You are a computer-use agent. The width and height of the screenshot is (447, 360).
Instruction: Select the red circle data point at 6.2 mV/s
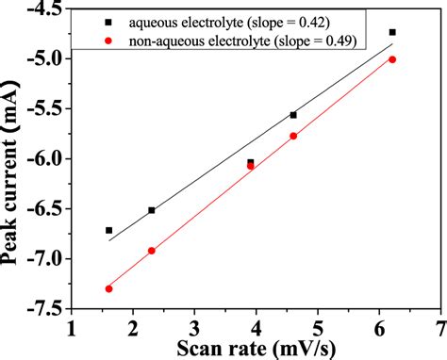pos(392,59)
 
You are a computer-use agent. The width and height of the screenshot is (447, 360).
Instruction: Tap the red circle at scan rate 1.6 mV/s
pos(108,288)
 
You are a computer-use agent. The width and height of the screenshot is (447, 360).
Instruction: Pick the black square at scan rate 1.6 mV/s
pos(108,230)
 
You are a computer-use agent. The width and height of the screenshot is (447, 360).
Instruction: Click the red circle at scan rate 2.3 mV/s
pos(152,251)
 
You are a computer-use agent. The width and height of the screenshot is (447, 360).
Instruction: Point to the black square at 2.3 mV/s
pos(152,210)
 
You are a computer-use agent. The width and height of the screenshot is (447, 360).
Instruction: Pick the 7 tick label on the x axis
pos(440,326)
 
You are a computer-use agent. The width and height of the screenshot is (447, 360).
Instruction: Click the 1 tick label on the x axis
pos(72,326)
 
